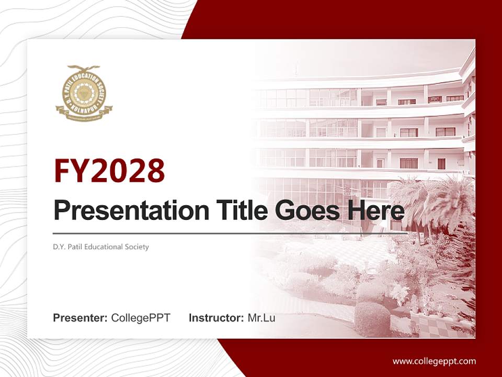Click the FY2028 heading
click(x=109, y=170)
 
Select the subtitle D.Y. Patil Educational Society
click(x=101, y=247)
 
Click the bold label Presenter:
click(x=81, y=318)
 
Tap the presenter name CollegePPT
click(x=141, y=318)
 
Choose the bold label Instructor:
click(x=216, y=318)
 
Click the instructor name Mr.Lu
click(x=261, y=318)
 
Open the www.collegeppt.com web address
click(x=434, y=361)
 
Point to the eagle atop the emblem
click(x=84, y=69)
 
